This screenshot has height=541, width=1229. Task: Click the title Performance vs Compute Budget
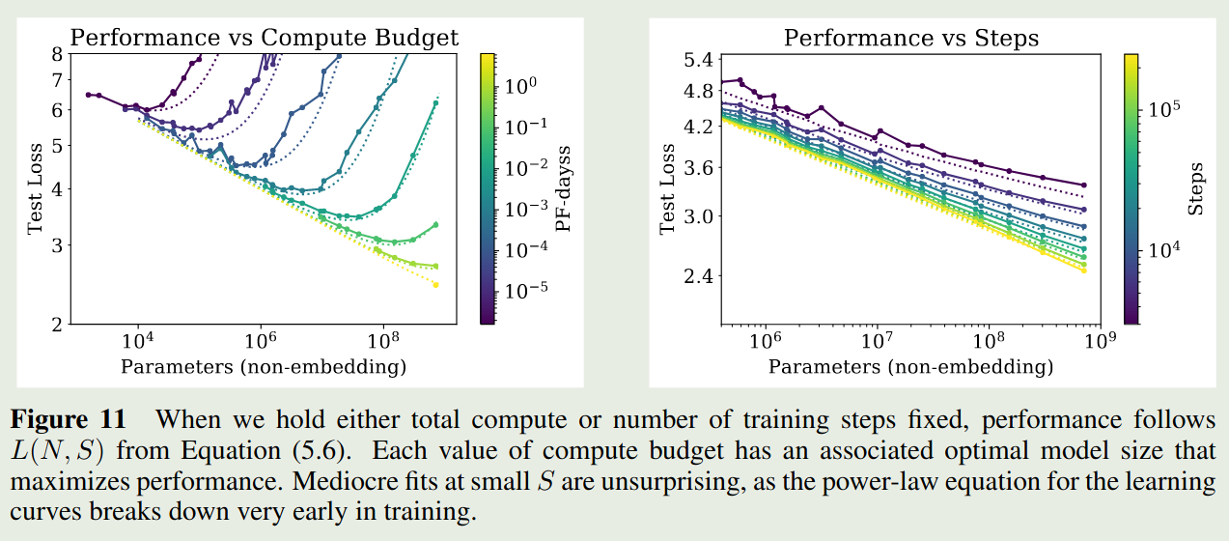click(265, 39)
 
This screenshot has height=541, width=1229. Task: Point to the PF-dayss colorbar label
click(561, 187)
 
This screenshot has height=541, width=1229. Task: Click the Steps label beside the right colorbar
click(1197, 187)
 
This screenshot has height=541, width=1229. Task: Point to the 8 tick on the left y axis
click(56, 55)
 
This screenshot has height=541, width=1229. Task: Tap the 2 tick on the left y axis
click(56, 324)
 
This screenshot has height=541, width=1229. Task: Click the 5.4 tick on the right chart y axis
click(695, 60)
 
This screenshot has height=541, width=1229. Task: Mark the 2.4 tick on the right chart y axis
click(695, 275)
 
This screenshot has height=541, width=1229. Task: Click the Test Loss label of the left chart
click(36, 188)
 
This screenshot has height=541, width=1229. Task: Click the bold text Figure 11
click(68, 420)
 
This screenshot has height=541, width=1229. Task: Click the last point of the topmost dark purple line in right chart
click(1084, 185)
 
